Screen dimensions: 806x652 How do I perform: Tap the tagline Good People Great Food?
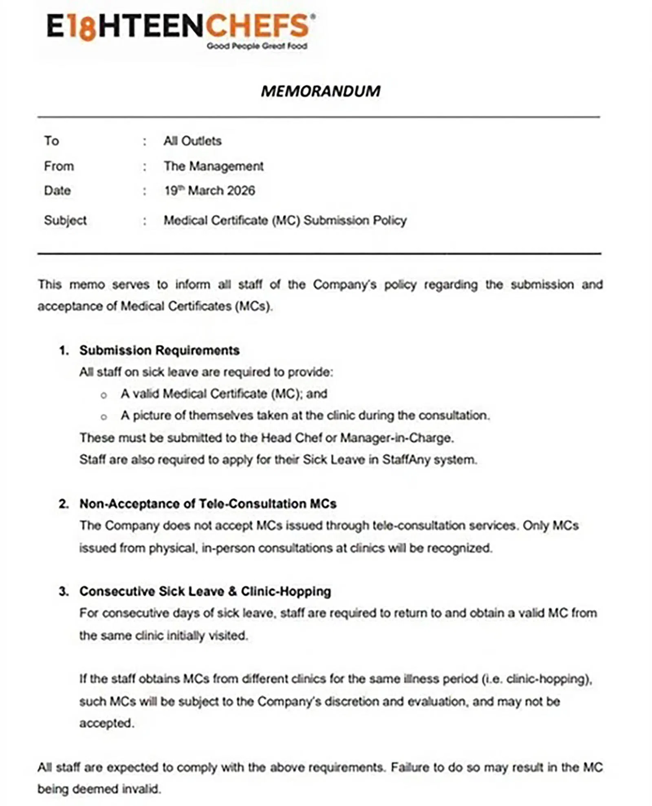[257, 46]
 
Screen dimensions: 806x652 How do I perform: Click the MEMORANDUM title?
[320, 91]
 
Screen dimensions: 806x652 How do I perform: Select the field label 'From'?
[59, 166]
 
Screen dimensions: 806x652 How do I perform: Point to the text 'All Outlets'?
[192, 141]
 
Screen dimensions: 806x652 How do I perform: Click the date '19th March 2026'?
[209, 191]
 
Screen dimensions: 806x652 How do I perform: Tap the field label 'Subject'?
[65, 220]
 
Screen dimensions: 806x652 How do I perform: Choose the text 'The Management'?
[214, 166]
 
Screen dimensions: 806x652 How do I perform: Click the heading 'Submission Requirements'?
[159, 350]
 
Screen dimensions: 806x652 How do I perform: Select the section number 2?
[63, 504]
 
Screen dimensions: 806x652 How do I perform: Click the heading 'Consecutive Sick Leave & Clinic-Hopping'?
[205, 591]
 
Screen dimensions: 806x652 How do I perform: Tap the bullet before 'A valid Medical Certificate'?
[104, 395]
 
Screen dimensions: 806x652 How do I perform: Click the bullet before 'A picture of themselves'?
[104, 417]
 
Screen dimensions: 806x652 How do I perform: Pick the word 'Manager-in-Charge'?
[396, 438]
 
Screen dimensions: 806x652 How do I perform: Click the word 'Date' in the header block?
[57, 191]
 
